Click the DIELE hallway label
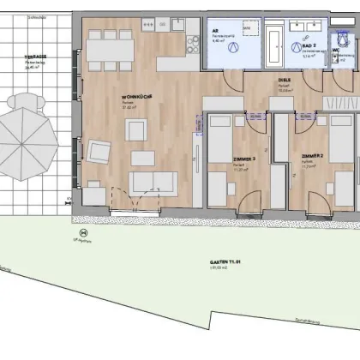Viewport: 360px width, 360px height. (x=284, y=81)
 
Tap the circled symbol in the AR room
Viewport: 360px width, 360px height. (x=231, y=50)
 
